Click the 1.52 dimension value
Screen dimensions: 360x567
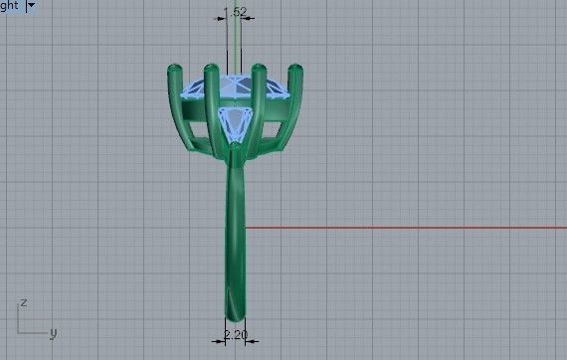(236, 12)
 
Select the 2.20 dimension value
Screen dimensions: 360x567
(236, 335)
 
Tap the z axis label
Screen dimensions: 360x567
(23, 301)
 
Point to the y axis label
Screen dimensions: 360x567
(53, 333)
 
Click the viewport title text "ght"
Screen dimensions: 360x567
(10, 6)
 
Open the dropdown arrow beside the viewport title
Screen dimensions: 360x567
(31, 6)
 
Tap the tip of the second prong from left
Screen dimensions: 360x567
(211, 71)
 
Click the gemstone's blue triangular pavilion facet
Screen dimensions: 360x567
(236, 122)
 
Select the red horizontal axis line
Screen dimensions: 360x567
(398, 228)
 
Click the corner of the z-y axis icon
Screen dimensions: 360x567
(22, 332)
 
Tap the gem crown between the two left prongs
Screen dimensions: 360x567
(192, 88)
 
